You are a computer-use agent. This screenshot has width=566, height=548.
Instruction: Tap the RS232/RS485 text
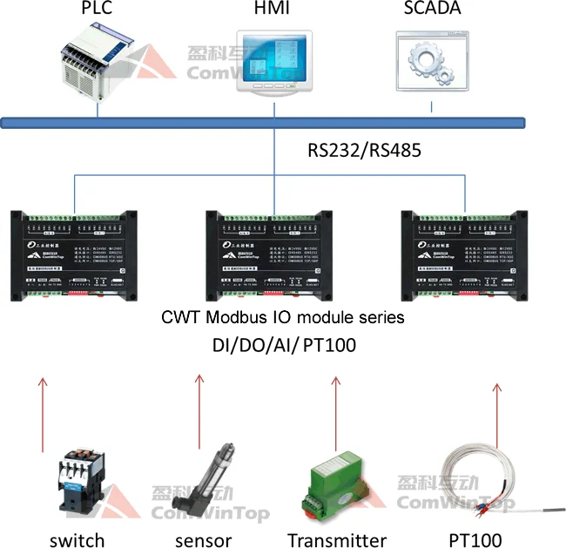click(x=364, y=150)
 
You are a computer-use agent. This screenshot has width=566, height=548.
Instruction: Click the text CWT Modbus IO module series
click(x=283, y=318)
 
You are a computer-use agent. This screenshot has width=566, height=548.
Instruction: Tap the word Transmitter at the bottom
click(x=337, y=540)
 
